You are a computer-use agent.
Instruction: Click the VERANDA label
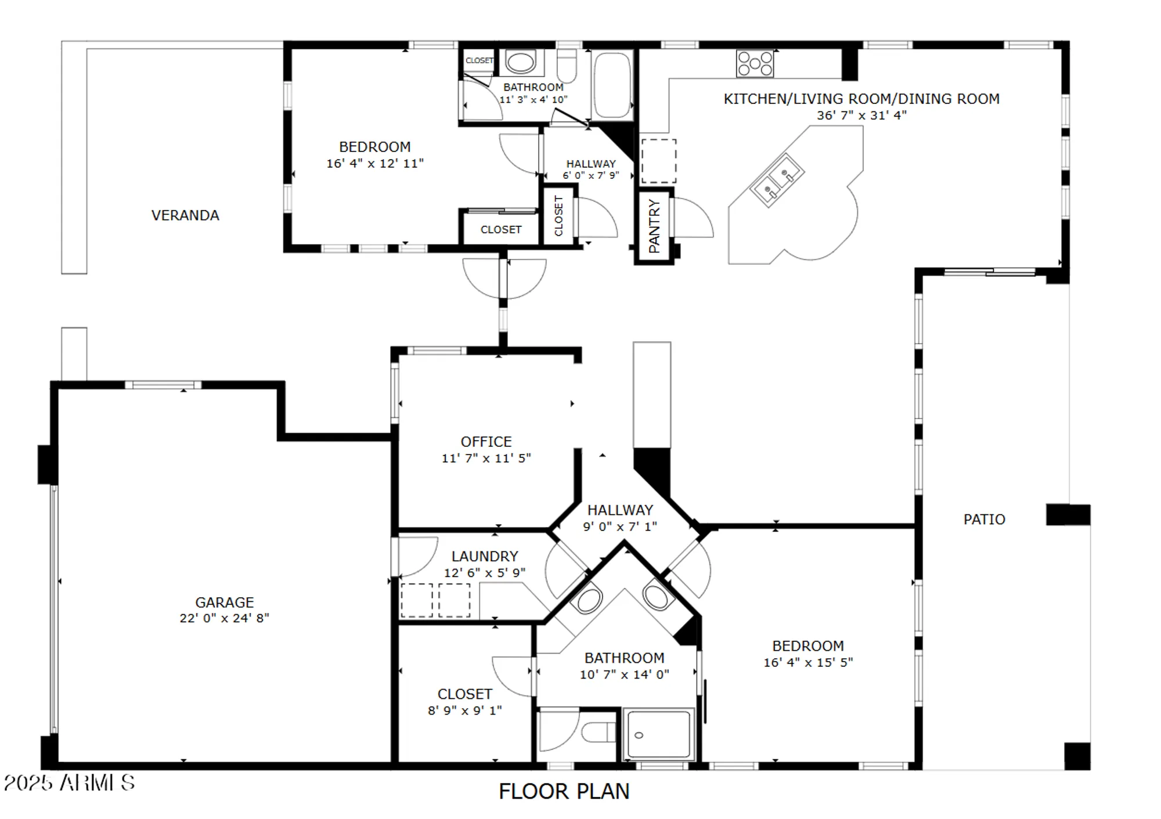coord(185,215)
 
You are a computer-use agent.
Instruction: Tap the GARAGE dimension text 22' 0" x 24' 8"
coord(224,618)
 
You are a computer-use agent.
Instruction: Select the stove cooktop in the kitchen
coord(755,64)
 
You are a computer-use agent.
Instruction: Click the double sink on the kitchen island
coord(777,180)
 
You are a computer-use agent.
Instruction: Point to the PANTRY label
coord(654,226)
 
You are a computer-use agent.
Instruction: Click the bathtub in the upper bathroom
coord(612,86)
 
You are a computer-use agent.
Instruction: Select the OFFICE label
coord(486,442)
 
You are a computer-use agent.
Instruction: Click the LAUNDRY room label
coord(484,557)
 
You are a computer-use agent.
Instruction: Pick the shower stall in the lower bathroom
coord(658,734)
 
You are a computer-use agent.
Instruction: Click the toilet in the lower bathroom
coord(598,733)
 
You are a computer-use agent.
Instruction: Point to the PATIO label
coord(984,519)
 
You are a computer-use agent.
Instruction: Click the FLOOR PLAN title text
coord(564,792)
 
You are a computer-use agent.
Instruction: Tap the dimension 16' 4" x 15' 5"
coord(807,662)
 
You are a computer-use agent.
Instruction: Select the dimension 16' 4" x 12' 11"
coord(374,164)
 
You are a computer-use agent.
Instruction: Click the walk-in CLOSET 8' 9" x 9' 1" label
coord(464,694)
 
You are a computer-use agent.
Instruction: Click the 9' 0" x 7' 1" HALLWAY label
coord(619,510)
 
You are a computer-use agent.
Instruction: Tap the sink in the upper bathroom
coord(520,62)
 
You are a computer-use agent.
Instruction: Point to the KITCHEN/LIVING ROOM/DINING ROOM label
coord(861,99)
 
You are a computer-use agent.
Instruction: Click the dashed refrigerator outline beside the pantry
coord(658,161)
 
